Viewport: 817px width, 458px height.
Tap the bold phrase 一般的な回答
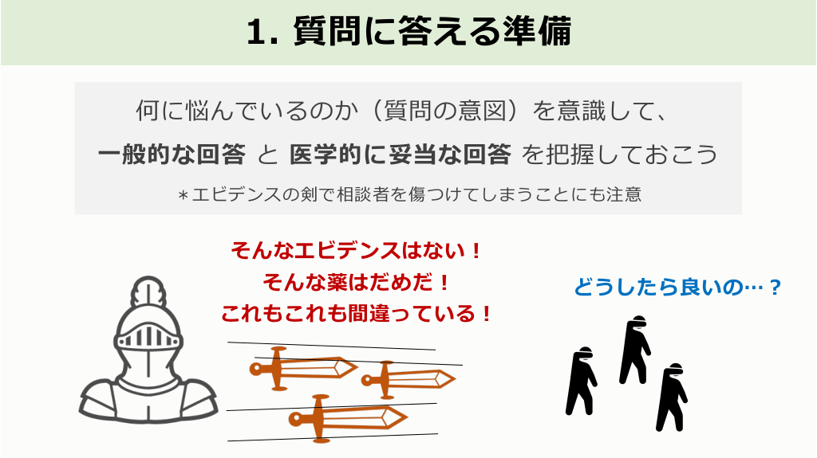(172, 155)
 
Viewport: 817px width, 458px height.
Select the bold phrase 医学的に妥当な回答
(401, 155)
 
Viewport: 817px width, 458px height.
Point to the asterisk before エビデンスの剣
(183, 196)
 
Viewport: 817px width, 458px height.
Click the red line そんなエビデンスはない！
(357, 251)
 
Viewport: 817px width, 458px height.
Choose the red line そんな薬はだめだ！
(357, 283)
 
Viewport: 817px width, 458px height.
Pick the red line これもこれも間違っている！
(357, 314)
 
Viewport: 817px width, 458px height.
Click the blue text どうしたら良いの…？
(677, 287)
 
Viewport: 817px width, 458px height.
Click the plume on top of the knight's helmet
(148, 292)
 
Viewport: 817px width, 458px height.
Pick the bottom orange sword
(348, 418)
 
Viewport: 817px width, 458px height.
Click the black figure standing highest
(634, 350)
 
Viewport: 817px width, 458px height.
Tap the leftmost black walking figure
(581, 381)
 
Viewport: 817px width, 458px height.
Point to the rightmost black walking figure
(672, 397)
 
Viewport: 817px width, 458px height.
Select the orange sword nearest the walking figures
(408, 379)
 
